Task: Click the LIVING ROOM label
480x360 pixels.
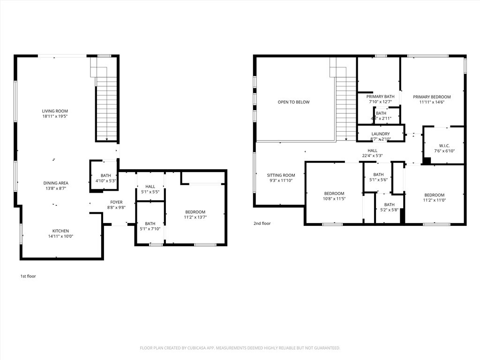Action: tap(52, 111)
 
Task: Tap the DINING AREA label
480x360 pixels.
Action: tap(56, 183)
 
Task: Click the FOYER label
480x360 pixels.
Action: tap(116, 202)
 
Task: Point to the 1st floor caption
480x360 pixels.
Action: tap(28, 276)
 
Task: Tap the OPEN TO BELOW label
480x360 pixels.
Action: tap(293, 102)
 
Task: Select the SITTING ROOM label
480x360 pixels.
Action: tap(281, 175)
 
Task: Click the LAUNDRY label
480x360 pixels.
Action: tap(381, 134)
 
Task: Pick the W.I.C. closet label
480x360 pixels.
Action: tap(444, 145)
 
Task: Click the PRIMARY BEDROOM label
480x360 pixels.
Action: tap(432, 97)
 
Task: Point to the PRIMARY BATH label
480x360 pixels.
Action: tap(380, 97)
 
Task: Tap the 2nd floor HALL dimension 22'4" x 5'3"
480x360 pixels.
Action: tap(373, 156)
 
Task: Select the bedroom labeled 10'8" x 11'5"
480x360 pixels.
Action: tap(334, 194)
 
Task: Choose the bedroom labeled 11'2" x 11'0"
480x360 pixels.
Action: tap(435, 195)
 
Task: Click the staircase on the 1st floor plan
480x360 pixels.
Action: tap(106, 108)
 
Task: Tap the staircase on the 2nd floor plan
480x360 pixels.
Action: tap(346, 108)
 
